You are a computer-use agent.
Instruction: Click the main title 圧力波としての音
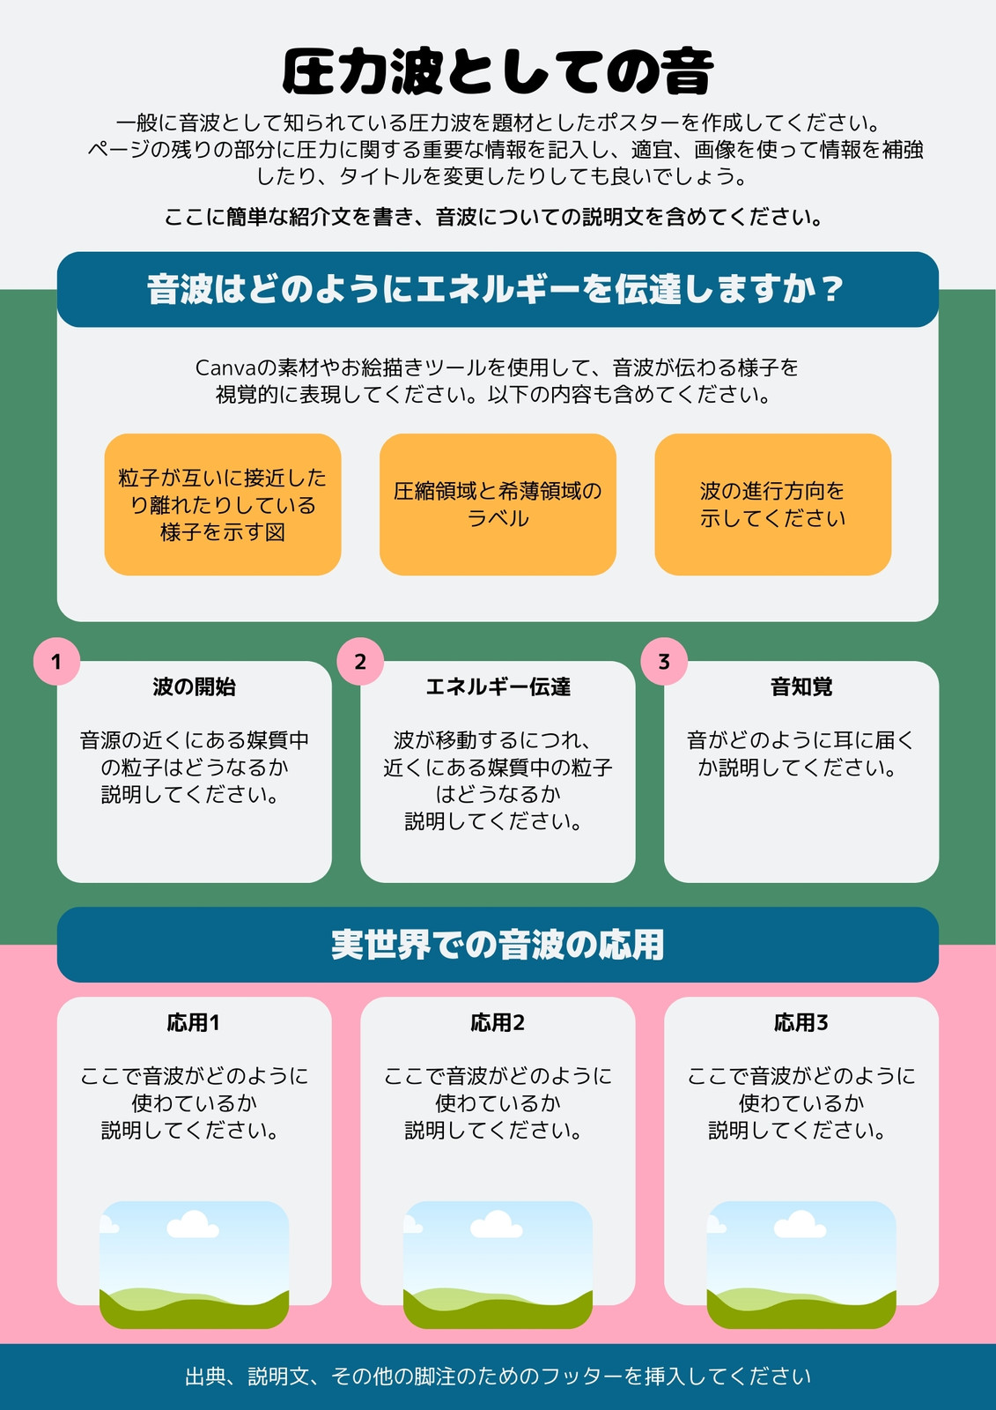(x=498, y=71)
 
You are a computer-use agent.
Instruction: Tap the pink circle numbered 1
(x=56, y=662)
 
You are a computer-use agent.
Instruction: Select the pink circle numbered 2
(x=360, y=662)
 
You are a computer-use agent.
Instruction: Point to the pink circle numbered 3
(x=664, y=662)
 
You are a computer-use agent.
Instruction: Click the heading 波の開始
(x=195, y=686)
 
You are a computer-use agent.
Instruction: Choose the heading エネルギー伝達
(x=498, y=686)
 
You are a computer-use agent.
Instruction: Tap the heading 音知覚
(x=801, y=686)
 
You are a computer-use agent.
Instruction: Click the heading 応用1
(x=194, y=1023)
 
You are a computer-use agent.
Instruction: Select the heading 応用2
(x=498, y=1023)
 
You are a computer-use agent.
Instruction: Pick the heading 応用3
(x=801, y=1023)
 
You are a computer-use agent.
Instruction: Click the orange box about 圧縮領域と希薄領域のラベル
(x=498, y=504)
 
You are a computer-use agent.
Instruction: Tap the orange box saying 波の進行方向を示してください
(x=773, y=504)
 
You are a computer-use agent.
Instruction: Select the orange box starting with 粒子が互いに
(x=223, y=504)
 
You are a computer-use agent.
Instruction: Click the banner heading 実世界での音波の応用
(x=498, y=945)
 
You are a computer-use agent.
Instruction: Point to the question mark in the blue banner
(x=833, y=290)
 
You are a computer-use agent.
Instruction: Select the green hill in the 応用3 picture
(x=801, y=1308)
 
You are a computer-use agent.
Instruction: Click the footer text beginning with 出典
(x=498, y=1377)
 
